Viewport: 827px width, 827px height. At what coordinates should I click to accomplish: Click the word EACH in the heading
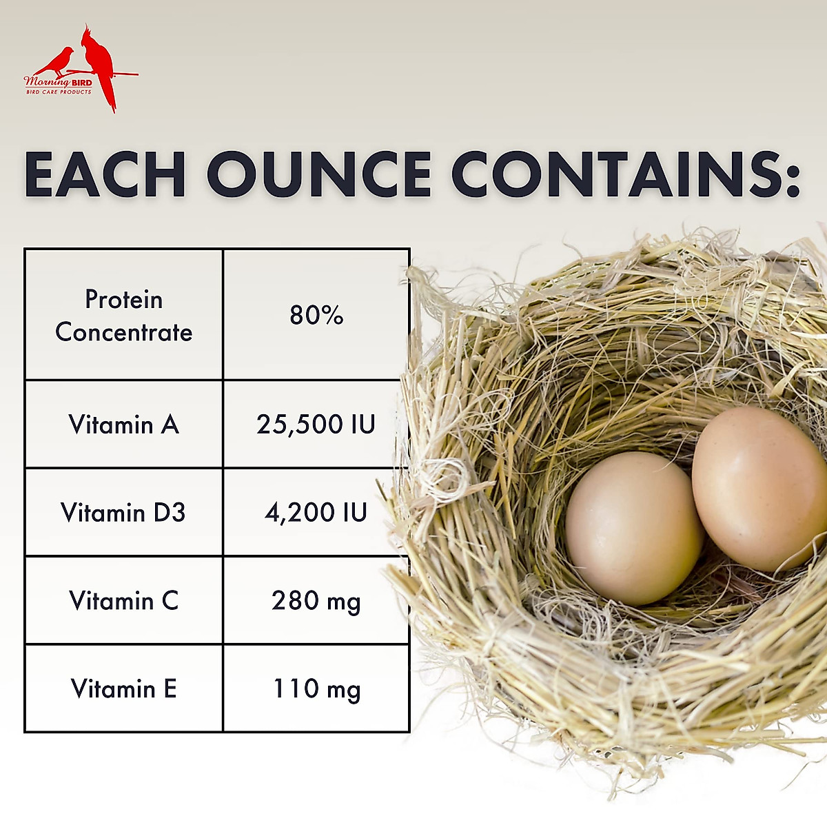(105, 174)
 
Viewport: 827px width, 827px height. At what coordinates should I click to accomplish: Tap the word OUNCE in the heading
(319, 174)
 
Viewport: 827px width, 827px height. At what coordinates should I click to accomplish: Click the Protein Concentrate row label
(123, 316)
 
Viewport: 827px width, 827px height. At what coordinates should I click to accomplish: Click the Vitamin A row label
(123, 425)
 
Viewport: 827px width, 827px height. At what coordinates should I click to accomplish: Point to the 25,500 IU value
(316, 425)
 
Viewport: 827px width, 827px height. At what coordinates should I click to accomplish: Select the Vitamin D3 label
(123, 513)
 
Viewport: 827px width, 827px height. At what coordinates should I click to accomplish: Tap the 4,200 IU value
(316, 513)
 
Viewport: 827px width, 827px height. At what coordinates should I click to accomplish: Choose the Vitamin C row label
(123, 600)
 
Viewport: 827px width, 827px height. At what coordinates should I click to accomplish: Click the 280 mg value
(316, 602)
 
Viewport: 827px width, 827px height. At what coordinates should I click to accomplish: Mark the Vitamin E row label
(123, 688)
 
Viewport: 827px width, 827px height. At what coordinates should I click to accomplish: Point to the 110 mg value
(317, 690)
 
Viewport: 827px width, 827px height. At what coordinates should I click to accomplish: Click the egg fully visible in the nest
(634, 528)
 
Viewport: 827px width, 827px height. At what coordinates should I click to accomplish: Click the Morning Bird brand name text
(58, 81)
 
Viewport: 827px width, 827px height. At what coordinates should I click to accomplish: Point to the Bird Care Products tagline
(59, 92)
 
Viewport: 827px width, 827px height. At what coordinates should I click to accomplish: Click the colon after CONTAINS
(791, 180)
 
